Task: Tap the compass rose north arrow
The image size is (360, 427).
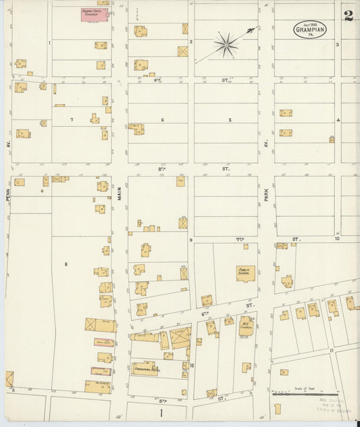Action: click(x=226, y=45)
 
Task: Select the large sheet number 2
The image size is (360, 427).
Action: click(x=349, y=16)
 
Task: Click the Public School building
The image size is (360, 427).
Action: click(x=244, y=272)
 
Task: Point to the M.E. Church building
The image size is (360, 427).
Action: click(x=245, y=326)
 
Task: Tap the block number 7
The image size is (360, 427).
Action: click(x=72, y=120)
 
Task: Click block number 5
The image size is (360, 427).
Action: click(x=230, y=120)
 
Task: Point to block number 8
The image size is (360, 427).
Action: click(x=66, y=262)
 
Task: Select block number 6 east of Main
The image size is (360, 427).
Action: click(x=162, y=120)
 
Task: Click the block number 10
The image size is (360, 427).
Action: click(x=336, y=239)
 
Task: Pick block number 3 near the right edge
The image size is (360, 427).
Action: click(x=337, y=45)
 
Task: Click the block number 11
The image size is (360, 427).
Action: click(x=331, y=351)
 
